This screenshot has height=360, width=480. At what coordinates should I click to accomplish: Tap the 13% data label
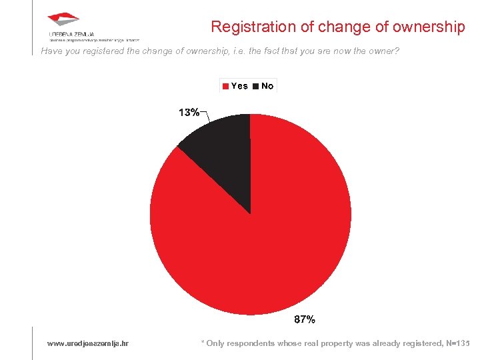(x=189, y=112)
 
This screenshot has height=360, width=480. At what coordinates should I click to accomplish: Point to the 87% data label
(x=305, y=320)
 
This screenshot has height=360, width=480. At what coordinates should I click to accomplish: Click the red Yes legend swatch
(x=226, y=86)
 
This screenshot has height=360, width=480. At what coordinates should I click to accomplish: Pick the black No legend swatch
(x=256, y=86)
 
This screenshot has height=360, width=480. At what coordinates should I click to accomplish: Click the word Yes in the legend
(x=239, y=86)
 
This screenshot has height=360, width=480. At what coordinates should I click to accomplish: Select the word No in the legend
(x=267, y=86)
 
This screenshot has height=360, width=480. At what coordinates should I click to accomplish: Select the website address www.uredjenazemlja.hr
(x=88, y=343)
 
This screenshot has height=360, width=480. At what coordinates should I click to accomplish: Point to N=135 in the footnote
(x=457, y=343)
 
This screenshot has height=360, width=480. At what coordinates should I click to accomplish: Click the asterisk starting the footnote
(x=203, y=343)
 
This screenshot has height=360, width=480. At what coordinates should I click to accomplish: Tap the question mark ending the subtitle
(x=397, y=50)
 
